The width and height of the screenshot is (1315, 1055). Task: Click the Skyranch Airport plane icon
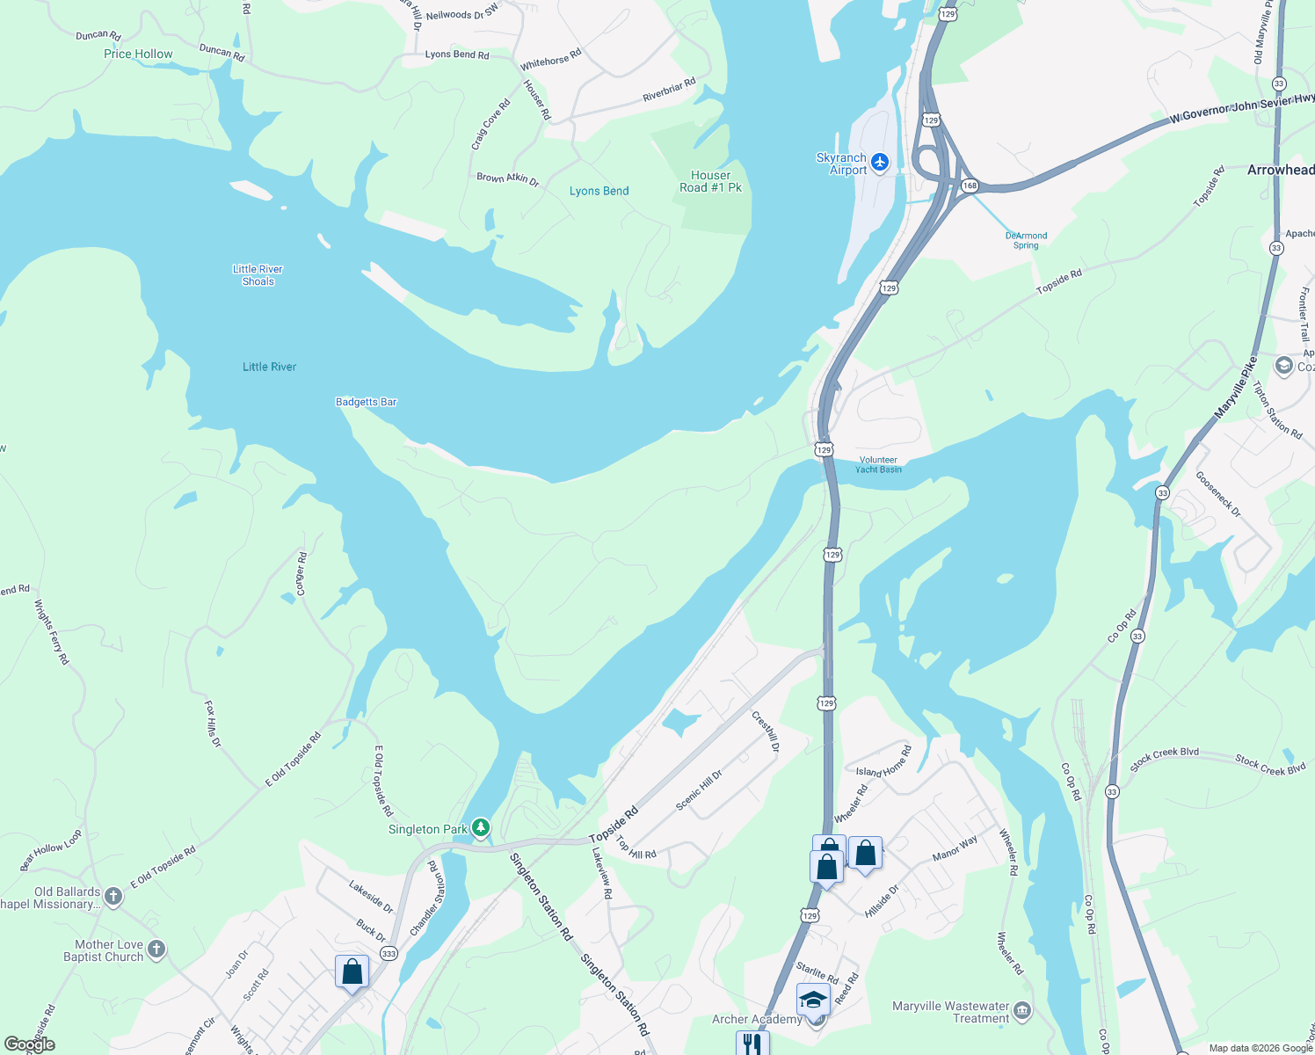(881, 162)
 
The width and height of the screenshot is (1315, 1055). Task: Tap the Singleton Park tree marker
(480, 828)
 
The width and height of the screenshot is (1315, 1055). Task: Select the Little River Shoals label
(258, 275)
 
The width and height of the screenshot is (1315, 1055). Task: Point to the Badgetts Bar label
(366, 402)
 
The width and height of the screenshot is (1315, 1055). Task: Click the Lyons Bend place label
(599, 191)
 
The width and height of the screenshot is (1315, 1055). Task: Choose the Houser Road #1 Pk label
(710, 181)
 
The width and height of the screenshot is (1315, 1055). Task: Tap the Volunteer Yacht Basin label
(878, 465)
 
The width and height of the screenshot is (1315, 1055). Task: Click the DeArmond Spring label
(1026, 240)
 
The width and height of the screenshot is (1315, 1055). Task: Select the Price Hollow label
(138, 54)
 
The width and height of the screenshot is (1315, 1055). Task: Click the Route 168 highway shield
(970, 186)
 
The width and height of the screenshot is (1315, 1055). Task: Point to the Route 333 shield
(389, 954)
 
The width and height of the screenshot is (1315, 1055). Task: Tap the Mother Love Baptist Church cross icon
(156, 949)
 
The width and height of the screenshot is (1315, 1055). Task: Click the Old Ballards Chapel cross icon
(113, 897)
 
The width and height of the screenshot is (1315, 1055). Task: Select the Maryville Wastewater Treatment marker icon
(1021, 1012)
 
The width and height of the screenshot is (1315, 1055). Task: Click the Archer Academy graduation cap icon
(813, 1000)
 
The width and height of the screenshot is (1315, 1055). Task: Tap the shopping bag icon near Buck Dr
(352, 971)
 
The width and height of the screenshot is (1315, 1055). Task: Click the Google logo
(29, 1044)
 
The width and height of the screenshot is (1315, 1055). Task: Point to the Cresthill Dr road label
(766, 731)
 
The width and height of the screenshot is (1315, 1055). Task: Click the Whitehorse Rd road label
(550, 60)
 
